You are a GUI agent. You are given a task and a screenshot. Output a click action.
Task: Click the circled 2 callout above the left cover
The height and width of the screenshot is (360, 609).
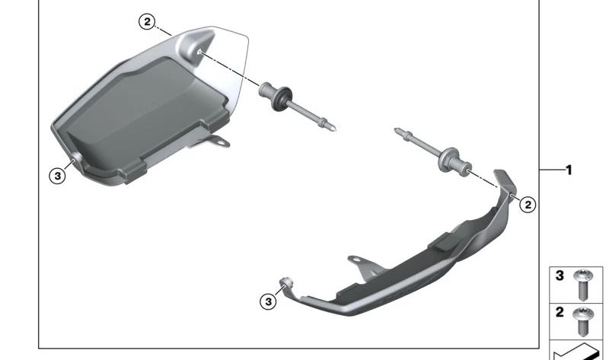click(x=147, y=22)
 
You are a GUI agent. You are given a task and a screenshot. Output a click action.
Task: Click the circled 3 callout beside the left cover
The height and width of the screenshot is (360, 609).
click(x=58, y=176)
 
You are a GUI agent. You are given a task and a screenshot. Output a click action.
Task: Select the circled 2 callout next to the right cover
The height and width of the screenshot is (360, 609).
click(x=528, y=204)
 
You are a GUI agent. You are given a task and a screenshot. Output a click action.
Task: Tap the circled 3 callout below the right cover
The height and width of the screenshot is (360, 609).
click(x=269, y=301)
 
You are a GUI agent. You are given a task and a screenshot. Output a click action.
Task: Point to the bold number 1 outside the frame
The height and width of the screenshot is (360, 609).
click(x=569, y=170)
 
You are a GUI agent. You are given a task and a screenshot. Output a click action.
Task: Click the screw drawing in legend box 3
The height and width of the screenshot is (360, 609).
click(x=582, y=285)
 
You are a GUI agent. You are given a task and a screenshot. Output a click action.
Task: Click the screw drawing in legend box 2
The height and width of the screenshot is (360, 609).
click(x=582, y=322)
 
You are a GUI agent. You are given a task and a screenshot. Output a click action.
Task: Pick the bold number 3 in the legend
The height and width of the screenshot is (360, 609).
click(x=560, y=276)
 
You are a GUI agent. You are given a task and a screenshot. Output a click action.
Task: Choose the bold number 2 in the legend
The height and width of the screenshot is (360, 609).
click(x=560, y=312)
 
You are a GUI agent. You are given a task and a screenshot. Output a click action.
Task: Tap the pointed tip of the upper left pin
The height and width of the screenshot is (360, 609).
click(x=334, y=129)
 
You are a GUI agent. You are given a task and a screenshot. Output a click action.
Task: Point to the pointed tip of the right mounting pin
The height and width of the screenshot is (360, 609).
click(x=397, y=130)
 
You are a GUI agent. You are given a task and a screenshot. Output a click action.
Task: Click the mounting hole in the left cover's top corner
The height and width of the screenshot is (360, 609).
click(x=199, y=51)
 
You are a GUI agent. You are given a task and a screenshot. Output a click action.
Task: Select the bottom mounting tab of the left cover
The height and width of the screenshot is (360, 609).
click(x=218, y=141)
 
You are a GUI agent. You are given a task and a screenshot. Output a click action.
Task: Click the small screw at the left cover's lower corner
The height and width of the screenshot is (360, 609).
click(x=75, y=157)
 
